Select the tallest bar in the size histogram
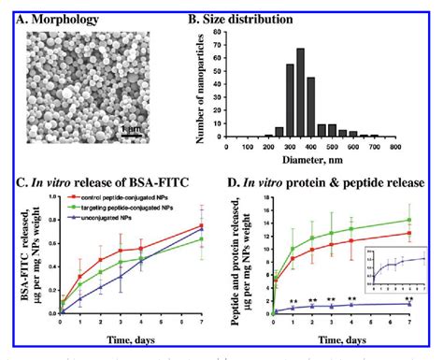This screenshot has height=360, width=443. [328, 103]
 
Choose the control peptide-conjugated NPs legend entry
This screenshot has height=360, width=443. [124, 196]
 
